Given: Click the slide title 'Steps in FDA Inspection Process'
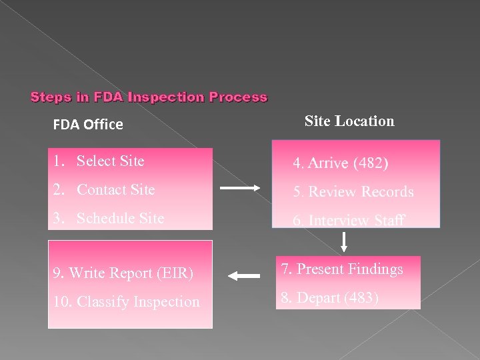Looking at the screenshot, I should (x=149, y=97).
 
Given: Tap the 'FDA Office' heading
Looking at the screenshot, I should (x=88, y=125).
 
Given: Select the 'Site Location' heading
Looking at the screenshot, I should (x=349, y=121).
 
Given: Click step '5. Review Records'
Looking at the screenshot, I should (x=353, y=192).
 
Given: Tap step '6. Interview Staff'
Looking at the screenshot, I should (x=349, y=221).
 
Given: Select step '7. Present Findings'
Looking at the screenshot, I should (x=341, y=269).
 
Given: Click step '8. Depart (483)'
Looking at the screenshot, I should (x=329, y=298).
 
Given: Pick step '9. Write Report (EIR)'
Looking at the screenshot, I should (x=123, y=273).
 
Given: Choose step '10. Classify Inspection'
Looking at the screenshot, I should (x=126, y=302).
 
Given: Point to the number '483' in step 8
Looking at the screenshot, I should (x=359, y=298).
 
